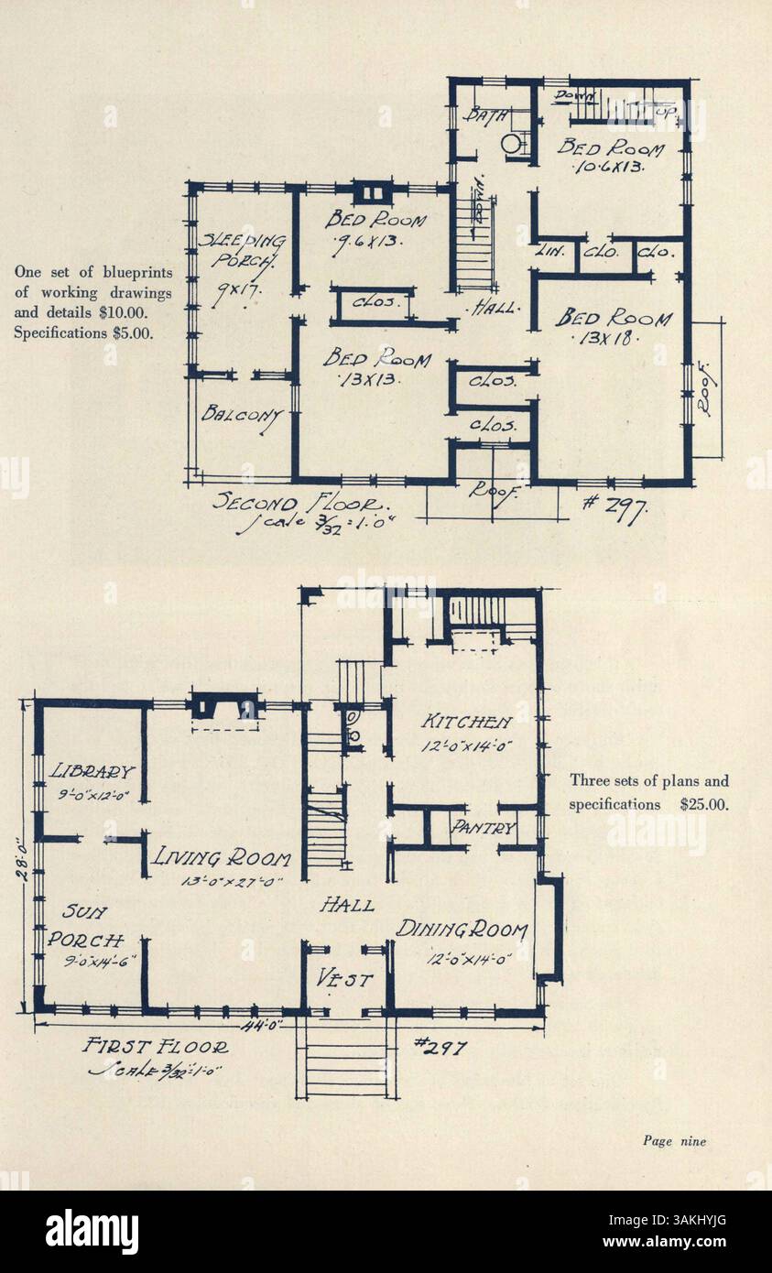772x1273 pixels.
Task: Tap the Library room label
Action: click(x=92, y=772)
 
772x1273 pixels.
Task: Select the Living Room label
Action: click(x=222, y=858)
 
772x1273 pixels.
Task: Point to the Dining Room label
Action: click(x=462, y=930)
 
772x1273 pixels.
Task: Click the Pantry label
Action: click(x=484, y=829)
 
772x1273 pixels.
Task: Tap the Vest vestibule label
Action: click(x=345, y=980)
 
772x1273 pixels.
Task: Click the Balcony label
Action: click(x=242, y=414)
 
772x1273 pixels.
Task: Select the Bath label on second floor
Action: click(x=481, y=115)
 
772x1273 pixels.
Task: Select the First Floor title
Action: click(x=156, y=1046)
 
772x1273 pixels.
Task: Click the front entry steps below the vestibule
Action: click(x=345, y=1062)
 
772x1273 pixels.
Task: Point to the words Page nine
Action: click(x=674, y=1140)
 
